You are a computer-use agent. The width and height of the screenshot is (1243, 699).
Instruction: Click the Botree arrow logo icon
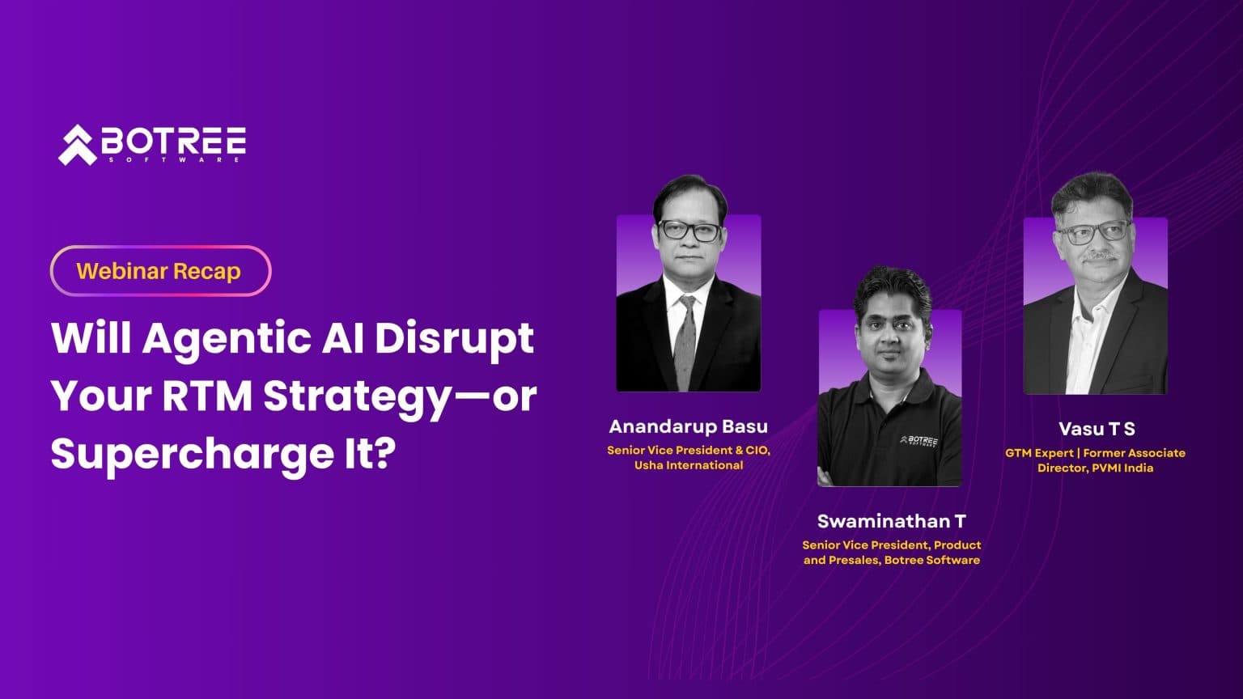pyautogui.click(x=77, y=146)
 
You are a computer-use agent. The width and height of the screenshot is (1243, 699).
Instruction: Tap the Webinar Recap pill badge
pyautogui.click(x=160, y=271)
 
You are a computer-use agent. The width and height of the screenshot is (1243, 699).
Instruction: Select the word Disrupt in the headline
pyautogui.click(x=454, y=338)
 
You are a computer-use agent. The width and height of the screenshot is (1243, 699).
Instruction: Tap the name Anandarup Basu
pyautogui.click(x=688, y=426)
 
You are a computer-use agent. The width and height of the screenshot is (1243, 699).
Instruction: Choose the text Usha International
pyautogui.click(x=688, y=465)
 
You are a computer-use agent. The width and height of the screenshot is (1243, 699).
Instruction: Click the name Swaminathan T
pyautogui.click(x=891, y=521)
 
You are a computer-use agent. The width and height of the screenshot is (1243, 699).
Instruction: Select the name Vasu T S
pyautogui.click(x=1096, y=429)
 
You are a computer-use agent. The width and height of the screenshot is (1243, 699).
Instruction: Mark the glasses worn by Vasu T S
pyautogui.click(x=1092, y=233)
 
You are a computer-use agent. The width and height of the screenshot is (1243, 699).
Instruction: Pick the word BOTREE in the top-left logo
pyautogui.click(x=173, y=142)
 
